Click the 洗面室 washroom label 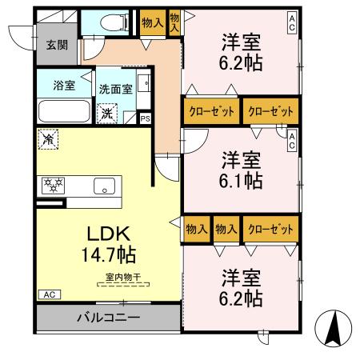(x=115, y=89)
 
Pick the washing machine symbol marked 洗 (x=107, y=113)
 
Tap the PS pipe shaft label (x=145, y=119)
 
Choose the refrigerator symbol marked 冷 (x=48, y=140)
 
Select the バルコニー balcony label (x=108, y=318)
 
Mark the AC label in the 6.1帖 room (x=292, y=141)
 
